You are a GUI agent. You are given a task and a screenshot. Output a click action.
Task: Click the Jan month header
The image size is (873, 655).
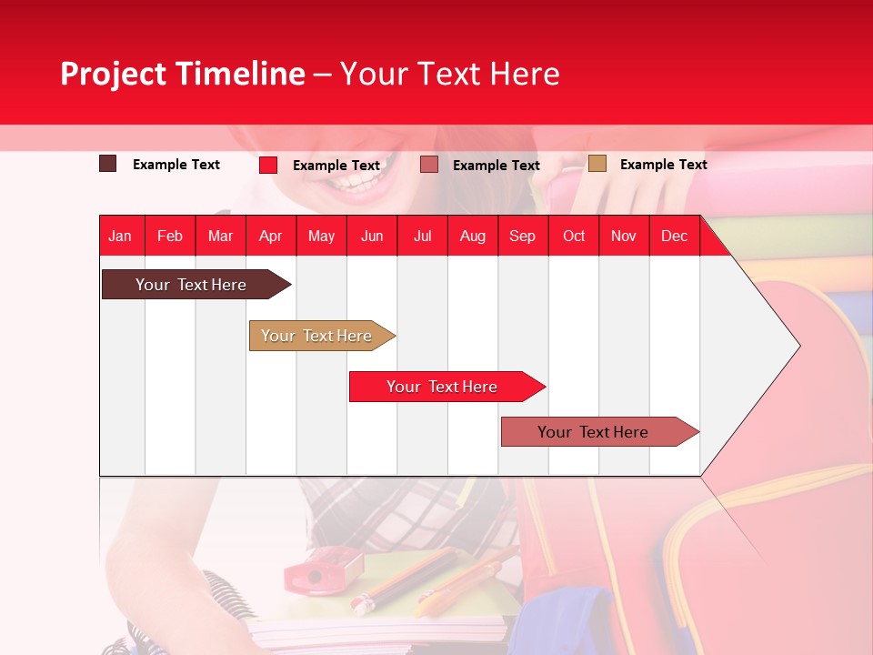(x=120, y=236)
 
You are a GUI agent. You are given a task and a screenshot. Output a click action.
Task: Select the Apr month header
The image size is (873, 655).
(x=270, y=236)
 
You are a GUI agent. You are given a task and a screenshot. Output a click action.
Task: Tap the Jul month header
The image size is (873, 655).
(x=422, y=236)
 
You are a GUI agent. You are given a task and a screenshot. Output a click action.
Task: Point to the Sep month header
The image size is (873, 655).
(x=522, y=236)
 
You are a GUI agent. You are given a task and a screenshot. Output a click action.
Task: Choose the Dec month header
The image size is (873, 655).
(x=674, y=236)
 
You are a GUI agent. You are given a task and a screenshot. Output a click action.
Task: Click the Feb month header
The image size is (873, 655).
(x=170, y=236)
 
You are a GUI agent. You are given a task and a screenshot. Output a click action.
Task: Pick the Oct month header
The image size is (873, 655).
(x=574, y=236)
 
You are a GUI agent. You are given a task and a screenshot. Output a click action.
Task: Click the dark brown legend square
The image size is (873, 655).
(x=108, y=164)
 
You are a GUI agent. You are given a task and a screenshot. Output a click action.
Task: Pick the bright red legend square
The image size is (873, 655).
(x=268, y=165)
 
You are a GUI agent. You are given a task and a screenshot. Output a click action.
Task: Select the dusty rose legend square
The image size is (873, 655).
(x=429, y=165)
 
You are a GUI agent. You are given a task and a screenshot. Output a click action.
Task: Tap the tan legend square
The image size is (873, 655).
(x=597, y=164)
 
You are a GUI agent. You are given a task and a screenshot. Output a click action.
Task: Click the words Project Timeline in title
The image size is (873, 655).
(x=183, y=74)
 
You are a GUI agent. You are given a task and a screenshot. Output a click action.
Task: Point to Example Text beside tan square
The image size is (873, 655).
(x=663, y=165)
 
